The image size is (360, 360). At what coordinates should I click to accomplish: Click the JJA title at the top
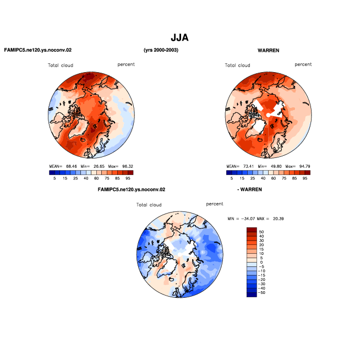tap(179, 37)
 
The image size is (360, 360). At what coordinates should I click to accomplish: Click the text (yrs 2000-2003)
tap(161, 50)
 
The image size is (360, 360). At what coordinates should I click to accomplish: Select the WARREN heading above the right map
tap(269, 50)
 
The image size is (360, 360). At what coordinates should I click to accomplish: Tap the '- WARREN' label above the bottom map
tap(249, 189)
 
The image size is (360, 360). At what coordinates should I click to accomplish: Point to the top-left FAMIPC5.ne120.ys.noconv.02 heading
tap(38, 50)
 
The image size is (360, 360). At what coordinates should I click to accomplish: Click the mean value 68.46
tap(72, 166)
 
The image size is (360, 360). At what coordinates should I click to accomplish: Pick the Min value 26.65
tap(99, 166)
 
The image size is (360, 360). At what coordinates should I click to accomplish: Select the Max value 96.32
tap(128, 166)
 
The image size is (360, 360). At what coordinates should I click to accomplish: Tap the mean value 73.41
tap(248, 166)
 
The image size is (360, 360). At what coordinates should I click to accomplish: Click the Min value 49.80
tap(276, 166)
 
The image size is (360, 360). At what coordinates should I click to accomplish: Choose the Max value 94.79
tap(304, 166)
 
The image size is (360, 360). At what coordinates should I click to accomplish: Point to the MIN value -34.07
tap(248, 219)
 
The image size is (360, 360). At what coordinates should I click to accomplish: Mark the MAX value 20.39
tap(279, 219)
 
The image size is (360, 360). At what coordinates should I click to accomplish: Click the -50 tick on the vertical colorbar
tap(261, 293)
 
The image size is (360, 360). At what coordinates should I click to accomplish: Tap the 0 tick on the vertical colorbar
tap(261, 262)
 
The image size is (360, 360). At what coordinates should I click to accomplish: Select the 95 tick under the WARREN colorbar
tap(305, 178)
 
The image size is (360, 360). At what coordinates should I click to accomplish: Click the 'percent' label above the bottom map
tap(215, 204)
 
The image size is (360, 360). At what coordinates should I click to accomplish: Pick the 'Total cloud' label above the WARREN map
tap(237, 65)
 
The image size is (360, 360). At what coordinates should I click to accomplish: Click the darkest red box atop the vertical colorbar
tap(252, 230)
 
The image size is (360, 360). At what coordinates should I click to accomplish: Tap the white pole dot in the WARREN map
tap(268, 115)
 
